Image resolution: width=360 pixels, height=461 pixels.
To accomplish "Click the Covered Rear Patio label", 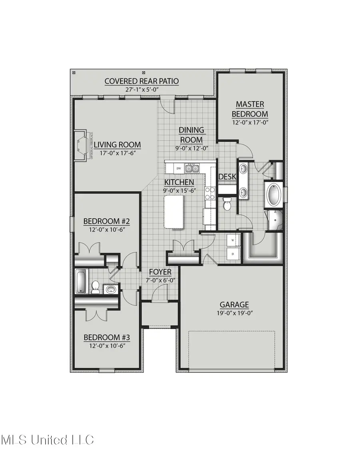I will [142, 81].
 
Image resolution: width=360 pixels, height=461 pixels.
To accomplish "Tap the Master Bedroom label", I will [250, 109].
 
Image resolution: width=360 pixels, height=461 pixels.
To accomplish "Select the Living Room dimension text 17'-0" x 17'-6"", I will [117, 152].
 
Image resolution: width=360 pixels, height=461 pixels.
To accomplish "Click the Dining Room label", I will [191, 135].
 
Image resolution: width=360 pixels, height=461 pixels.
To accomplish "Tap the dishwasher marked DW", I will [179, 168].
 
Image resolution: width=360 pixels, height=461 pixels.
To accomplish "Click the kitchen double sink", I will [192, 168].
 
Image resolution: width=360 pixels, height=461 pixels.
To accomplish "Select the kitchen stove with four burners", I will [210, 193].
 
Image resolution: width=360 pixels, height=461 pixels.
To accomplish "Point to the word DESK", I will [227, 176].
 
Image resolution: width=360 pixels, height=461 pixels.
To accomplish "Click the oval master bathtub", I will [274, 195].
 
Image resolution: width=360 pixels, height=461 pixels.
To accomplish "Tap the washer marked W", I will [233, 241].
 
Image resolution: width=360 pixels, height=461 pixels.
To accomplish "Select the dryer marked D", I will [233, 253].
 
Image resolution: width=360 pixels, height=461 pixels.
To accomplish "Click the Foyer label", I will [160, 272].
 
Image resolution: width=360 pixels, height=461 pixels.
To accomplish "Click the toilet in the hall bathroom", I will [96, 287].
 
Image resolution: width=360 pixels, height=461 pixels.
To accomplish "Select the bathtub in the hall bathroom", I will [80, 281].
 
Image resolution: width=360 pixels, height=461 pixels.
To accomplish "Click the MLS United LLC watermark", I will [47, 440].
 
